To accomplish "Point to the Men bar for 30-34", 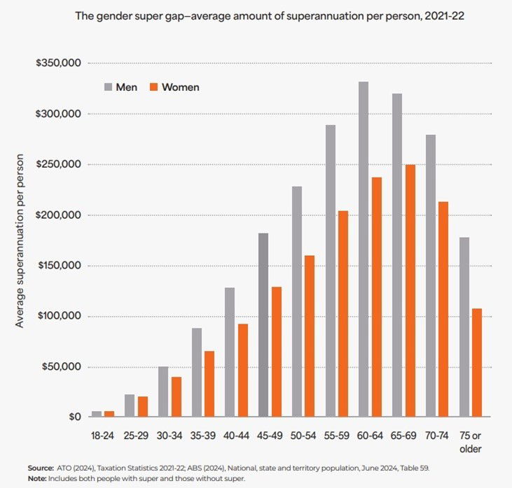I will point(162,392).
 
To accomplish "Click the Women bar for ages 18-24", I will point(109,414).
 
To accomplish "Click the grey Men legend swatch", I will point(109,87).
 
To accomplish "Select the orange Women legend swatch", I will point(153,87).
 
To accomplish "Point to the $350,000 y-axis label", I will point(60,64).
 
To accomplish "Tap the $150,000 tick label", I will point(60,266).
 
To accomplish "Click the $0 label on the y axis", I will point(74,417).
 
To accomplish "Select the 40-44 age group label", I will point(237,436).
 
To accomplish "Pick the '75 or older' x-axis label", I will point(471,441).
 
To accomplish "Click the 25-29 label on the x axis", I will point(136,436).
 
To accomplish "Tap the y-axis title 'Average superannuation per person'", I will point(20,240).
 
